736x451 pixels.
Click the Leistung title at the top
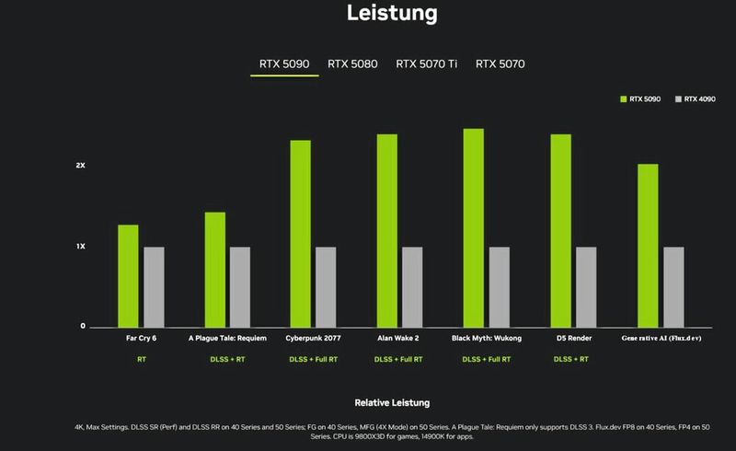392,14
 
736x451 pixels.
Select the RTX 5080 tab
351,64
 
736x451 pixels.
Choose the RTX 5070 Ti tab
426,64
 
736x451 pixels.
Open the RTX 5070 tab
500,64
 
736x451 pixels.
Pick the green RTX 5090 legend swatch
623,98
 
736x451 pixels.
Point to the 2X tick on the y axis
81,166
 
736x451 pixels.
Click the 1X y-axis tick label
81,247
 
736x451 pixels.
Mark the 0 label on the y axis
83,327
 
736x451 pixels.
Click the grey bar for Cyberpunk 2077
326,286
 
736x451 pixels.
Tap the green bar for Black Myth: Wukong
474,227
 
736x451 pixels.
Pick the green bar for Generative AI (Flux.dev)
648,245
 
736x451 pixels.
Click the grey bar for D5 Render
586,286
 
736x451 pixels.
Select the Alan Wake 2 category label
399,338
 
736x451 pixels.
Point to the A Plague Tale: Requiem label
227,338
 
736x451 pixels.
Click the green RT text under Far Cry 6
141,359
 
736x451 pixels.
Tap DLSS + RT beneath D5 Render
572,359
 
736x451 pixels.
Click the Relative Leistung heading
392,403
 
